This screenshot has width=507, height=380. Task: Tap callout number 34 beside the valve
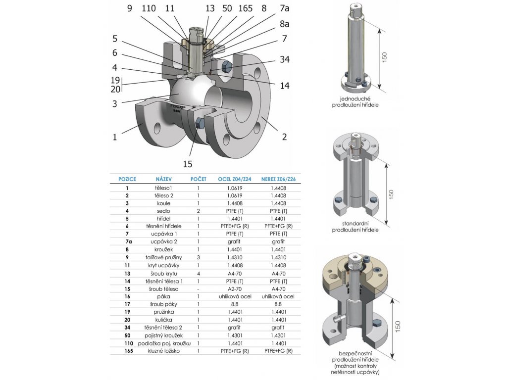coord(285,59)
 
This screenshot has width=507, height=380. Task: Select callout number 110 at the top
coord(149,8)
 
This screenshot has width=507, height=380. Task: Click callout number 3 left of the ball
coord(114,104)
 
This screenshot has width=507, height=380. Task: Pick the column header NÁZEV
coord(164,179)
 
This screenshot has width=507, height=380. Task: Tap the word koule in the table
coord(164,203)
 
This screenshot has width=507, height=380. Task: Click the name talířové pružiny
coord(164,258)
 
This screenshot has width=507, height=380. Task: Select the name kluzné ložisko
coord(164,351)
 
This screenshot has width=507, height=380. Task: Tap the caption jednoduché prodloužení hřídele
coord(359,102)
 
